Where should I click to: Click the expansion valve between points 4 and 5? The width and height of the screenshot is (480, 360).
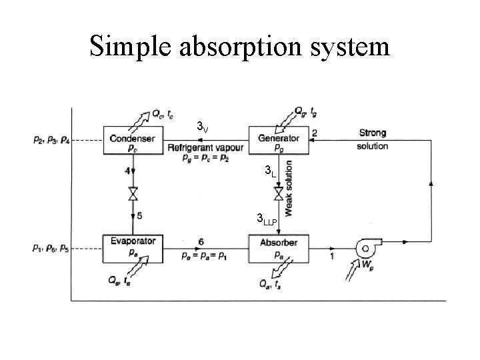(x=133, y=195)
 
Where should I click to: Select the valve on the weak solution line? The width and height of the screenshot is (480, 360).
(x=278, y=194)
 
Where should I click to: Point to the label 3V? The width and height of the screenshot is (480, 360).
(x=203, y=127)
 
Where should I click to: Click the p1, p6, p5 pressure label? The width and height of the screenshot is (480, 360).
(x=50, y=248)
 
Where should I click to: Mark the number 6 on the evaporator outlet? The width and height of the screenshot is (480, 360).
(x=201, y=241)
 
